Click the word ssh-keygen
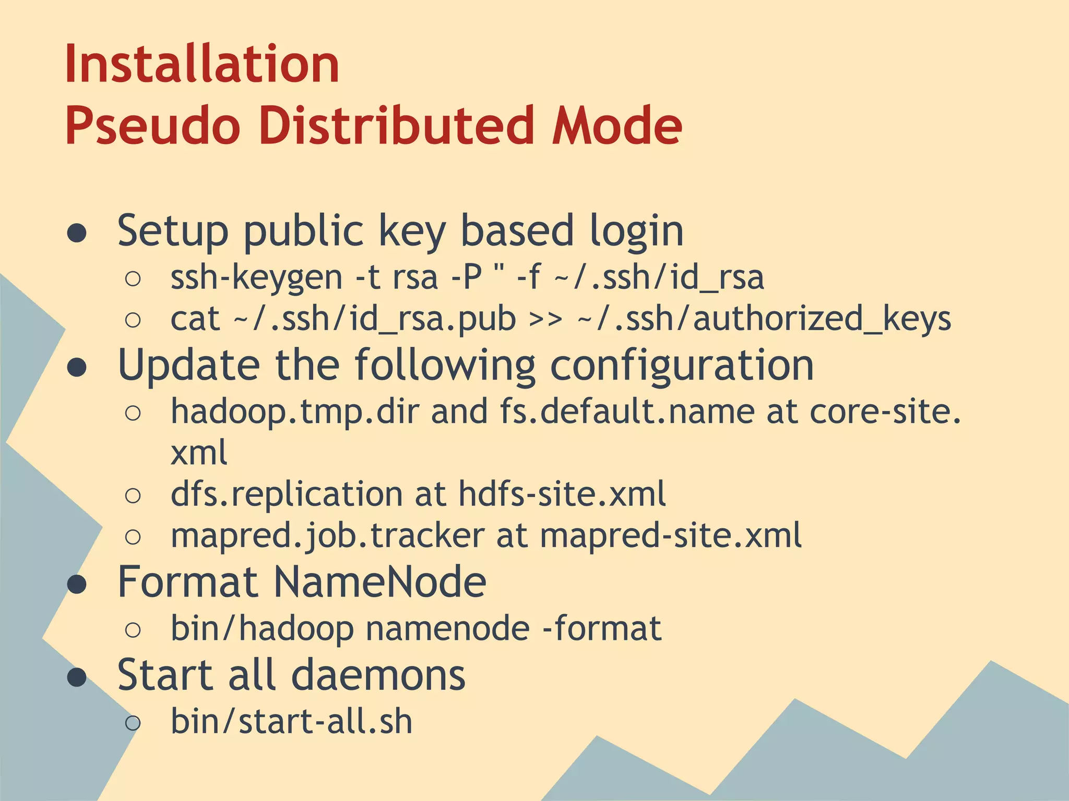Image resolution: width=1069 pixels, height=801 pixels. pos(256,277)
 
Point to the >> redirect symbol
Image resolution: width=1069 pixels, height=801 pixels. pos(545,319)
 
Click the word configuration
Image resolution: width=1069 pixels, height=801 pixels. pos(682,365)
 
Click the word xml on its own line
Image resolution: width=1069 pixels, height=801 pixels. pos(199,452)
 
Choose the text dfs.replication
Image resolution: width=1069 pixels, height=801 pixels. pos(287,494)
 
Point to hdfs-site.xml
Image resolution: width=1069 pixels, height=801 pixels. pos(562,494)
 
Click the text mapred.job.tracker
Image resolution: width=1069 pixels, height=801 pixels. pos(327,536)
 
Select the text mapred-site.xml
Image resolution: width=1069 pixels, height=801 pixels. pos(671,536)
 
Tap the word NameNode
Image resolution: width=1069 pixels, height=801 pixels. pos(380,582)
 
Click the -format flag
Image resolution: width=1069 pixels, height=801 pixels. pos(602,628)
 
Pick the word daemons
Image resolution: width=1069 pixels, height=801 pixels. pos(378,675)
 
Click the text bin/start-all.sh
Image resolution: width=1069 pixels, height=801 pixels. pos(291,722)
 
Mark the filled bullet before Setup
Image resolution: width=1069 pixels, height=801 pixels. pos(77,233)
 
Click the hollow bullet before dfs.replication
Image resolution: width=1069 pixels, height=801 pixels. pos(133,495)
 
